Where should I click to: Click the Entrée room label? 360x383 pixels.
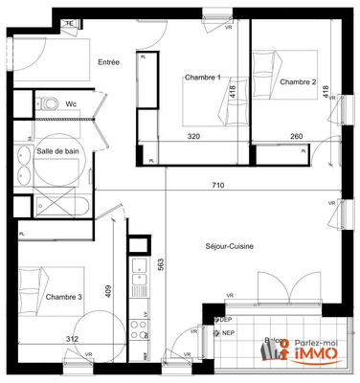click(x=108, y=62)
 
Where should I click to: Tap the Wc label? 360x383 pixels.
click(x=72, y=103)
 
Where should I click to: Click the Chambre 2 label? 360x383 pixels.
click(x=299, y=82)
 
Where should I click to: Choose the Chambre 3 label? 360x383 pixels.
click(x=64, y=297)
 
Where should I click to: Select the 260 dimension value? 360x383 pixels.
click(x=296, y=137)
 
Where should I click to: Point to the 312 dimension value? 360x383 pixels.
click(x=71, y=339)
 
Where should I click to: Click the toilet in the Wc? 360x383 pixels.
click(x=48, y=102)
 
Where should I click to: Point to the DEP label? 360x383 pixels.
click(x=227, y=320)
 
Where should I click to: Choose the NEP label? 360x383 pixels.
click(x=227, y=334)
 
